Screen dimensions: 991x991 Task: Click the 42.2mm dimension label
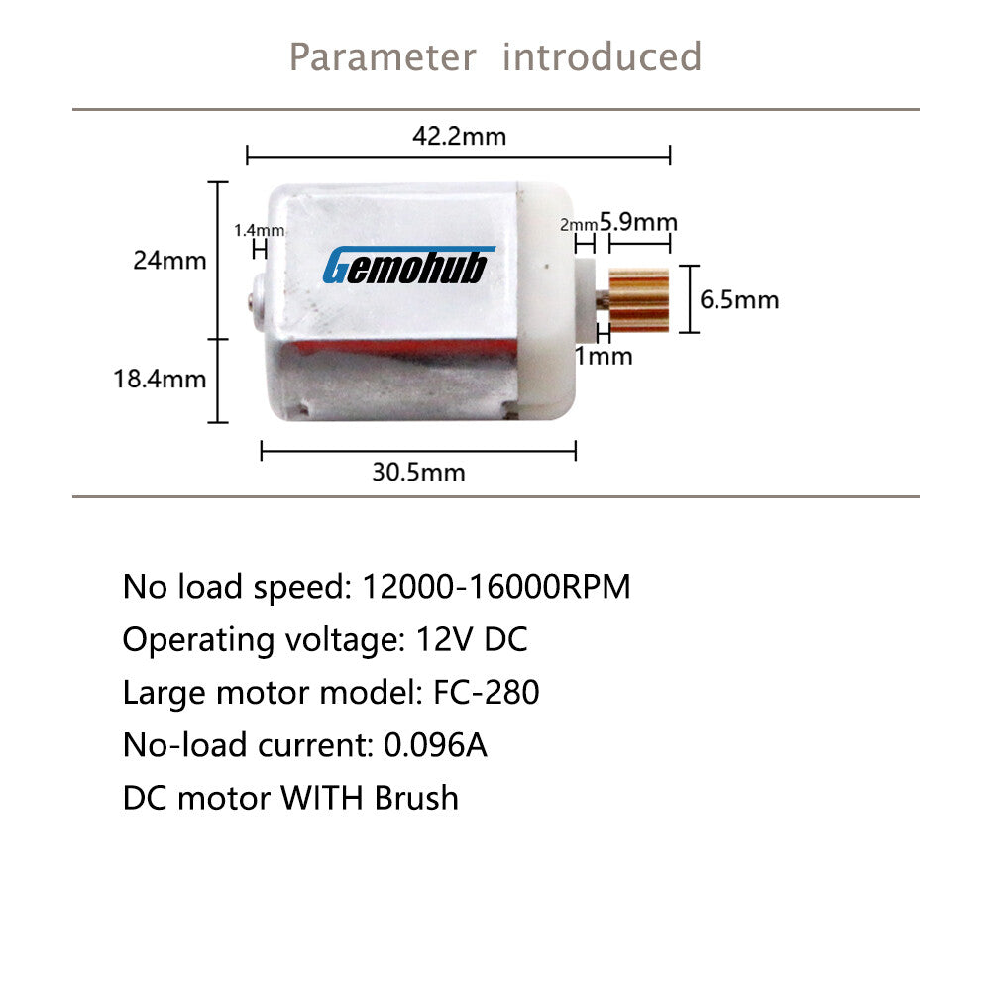(460, 136)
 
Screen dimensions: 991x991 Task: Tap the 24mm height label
(169, 261)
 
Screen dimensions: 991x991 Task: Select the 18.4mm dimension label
(160, 379)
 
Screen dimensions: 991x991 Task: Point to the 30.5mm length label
(418, 472)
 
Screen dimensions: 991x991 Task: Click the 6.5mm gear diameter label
(739, 299)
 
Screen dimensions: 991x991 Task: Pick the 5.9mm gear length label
(638, 222)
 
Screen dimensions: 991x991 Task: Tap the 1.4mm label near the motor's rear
(259, 230)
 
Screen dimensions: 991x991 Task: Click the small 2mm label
(579, 224)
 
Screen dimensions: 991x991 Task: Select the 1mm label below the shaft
(604, 356)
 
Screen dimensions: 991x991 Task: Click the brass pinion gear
(639, 299)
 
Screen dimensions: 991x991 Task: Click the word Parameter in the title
(383, 56)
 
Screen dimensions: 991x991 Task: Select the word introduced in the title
(602, 56)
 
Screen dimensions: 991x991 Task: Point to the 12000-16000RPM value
(496, 586)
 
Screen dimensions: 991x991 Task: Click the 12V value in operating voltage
(444, 639)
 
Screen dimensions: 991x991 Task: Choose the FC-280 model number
(486, 692)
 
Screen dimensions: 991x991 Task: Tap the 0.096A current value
(435, 744)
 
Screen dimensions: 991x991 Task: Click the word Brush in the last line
(416, 798)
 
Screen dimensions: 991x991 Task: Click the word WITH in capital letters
(322, 798)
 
